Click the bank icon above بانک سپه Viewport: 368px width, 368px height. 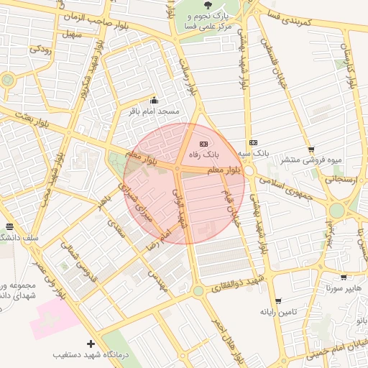[x=252, y=142]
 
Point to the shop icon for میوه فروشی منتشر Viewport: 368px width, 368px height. [x=310, y=149]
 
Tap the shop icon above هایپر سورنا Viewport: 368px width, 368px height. [x=343, y=277]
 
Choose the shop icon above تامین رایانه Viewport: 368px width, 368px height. [x=278, y=301]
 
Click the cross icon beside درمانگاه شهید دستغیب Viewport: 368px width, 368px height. [x=90, y=344]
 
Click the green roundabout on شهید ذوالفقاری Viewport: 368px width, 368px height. [x=198, y=290]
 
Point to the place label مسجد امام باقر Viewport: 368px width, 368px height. [x=152, y=113]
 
